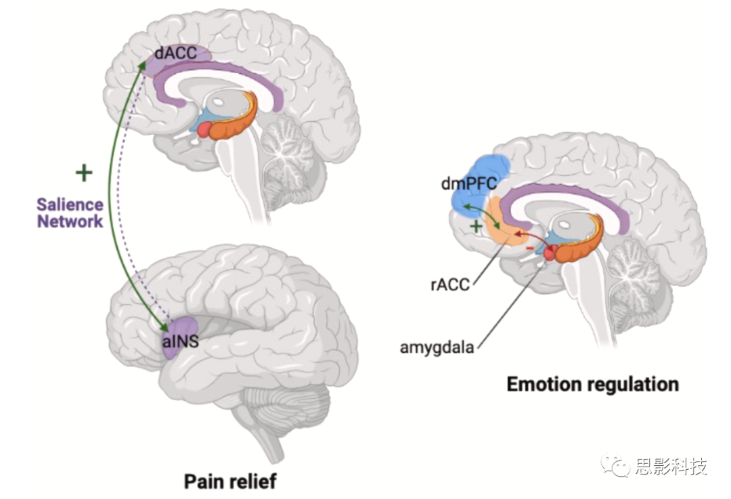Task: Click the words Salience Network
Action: click(70, 213)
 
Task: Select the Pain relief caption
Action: click(230, 481)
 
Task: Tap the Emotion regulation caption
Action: click(592, 385)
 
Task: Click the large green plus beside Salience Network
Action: click(84, 173)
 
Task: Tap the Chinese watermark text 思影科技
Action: click(670, 466)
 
